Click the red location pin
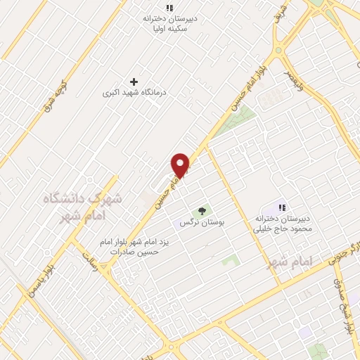click(x=181, y=165)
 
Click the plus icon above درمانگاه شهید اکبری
click(x=134, y=82)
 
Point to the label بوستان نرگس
click(x=201, y=221)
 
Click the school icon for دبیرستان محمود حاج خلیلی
click(x=282, y=207)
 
